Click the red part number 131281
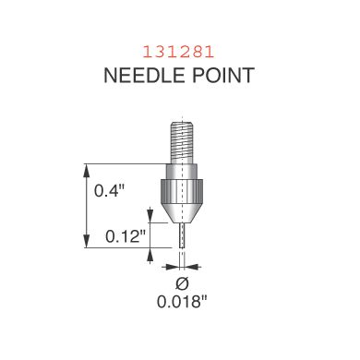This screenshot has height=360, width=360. pos(178,53)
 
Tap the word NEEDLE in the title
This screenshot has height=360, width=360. pos(145,75)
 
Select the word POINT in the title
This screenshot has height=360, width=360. pos(223,75)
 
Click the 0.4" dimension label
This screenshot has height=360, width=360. pos(109,191)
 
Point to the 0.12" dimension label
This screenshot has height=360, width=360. pos(126,236)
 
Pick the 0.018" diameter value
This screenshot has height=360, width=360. pos(182,302)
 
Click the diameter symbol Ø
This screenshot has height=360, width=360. pos(182,283)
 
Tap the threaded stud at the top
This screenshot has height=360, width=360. pos(182,142)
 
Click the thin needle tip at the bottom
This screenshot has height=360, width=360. pos(182,235)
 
